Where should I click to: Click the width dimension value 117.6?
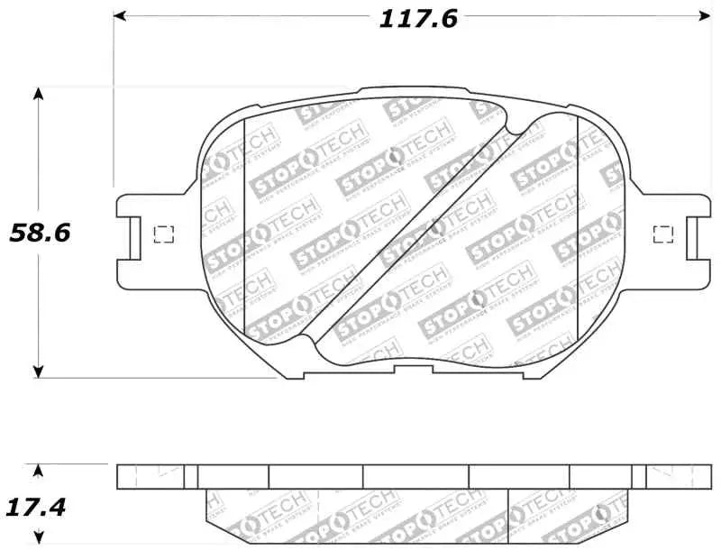tap(417, 18)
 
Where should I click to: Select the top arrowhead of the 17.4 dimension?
tap(38, 471)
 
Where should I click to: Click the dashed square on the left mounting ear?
tap(164, 234)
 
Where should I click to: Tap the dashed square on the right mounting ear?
tap(662, 234)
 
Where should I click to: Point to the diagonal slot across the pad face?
tap(410, 234)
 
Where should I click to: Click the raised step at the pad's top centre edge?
tap(414, 89)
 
